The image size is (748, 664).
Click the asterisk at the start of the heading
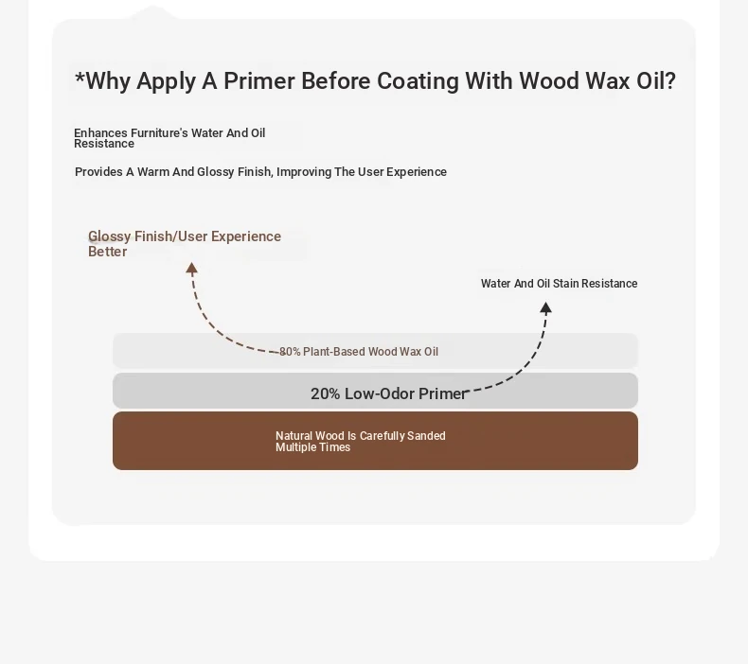click(80, 77)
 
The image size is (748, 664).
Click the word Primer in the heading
click(259, 81)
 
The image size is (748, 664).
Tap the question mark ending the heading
click(669, 80)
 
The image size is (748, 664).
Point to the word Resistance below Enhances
click(104, 144)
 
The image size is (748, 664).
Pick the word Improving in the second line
click(304, 172)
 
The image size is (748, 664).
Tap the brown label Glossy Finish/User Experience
click(185, 236)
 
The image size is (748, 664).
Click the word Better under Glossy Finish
click(108, 252)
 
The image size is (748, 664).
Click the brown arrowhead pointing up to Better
click(192, 268)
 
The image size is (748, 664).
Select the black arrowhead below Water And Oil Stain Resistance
click(545, 308)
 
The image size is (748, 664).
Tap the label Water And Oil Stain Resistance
click(559, 284)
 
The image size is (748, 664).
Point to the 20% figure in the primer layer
click(326, 393)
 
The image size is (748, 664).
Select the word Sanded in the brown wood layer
click(427, 436)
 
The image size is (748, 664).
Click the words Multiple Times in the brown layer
click(313, 447)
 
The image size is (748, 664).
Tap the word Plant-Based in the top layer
click(334, 352)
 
